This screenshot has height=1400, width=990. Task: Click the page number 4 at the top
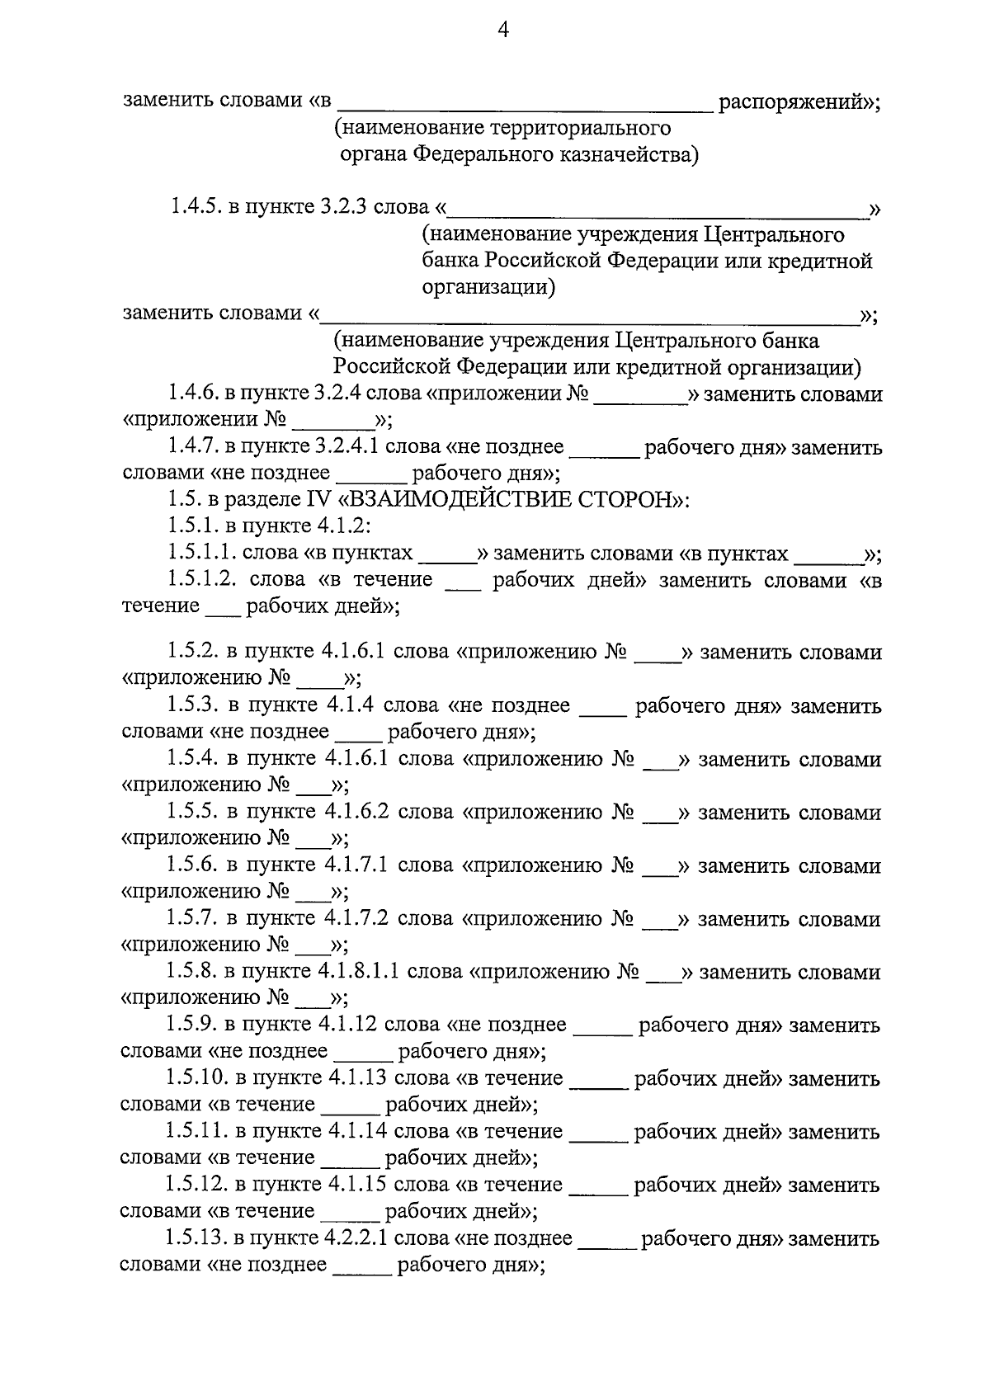point(502,31)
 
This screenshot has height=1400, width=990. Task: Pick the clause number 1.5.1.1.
point(202,554)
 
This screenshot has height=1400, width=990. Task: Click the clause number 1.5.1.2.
point(203,580)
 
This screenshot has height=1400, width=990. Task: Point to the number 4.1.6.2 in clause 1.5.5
point(356,813)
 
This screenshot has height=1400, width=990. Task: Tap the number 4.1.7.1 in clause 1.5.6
point(356,866)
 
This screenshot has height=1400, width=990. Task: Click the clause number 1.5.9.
point(191,1025)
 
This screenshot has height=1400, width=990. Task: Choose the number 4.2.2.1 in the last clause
point(359,1238)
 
